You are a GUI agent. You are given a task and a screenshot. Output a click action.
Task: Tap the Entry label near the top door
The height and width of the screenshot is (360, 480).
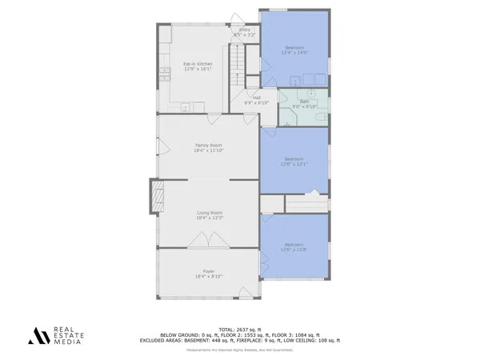(244, 33)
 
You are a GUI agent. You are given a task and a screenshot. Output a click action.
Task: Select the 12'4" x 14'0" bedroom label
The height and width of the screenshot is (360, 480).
(295, 51)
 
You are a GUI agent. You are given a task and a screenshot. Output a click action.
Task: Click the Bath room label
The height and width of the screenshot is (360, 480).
(305, 104)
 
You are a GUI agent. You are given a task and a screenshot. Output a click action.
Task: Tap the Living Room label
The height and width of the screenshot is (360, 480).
(209, 215)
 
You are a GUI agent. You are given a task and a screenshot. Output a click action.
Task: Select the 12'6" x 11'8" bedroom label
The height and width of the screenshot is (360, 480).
(294, 247)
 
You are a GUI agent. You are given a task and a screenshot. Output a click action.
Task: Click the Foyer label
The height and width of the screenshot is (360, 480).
(209, 274)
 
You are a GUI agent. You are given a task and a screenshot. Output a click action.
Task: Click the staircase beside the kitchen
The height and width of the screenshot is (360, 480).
(237, 67)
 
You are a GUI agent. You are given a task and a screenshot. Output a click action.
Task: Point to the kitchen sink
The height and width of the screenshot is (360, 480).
(185, 106)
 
